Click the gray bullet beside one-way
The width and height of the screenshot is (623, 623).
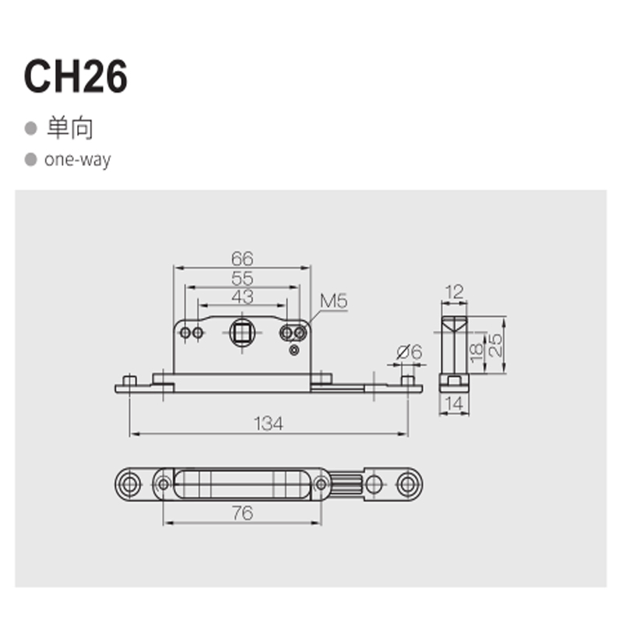pyautogui.click(x=31, y=160)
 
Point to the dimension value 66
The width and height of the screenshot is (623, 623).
pyautogui.click(x=242, y=259)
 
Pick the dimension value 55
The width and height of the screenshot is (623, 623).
pyautogui.click(x=242, y=278)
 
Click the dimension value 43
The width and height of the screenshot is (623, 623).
pyautogui.click(x=242, y=297)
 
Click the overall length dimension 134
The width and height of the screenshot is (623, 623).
pyautogui.click(x=268, y=423)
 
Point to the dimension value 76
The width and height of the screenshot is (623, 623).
pyautogui.click(x=242, y=512)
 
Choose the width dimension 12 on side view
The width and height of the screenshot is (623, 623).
pyautogui.click(x=453, y=292)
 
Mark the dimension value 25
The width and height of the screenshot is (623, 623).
pyautogui.click(x=493, y=343)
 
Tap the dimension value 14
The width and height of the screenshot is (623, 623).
pyautogui.click(x=453, y=403)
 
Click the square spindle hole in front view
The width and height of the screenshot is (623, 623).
pyautogui.click(x=242, y=333)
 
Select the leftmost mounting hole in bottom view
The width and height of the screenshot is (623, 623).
pyautogui.click(x=129, y=484)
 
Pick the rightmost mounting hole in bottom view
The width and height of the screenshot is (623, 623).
pyautogui.click(x=406, y=484)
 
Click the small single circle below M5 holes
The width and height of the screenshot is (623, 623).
pyautogui.click(x=294, y=350)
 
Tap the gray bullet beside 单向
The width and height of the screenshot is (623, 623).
pyautogui.click(x=31, y=128)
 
